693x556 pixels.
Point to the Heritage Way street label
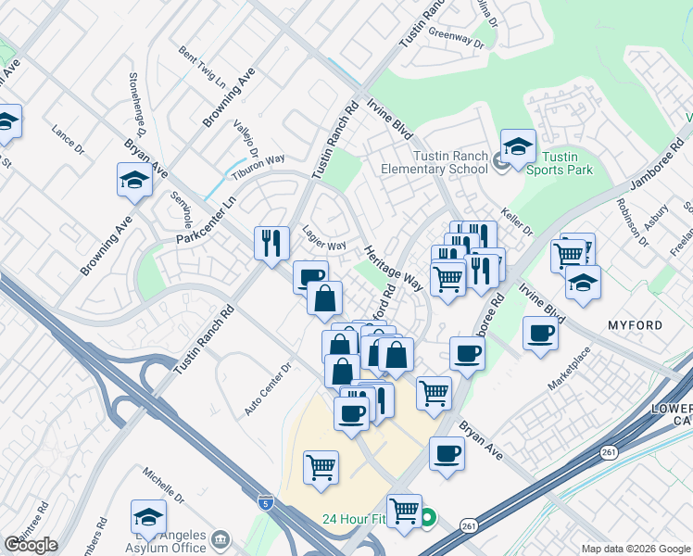393,269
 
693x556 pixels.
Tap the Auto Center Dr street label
268,388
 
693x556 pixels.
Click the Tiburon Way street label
258,161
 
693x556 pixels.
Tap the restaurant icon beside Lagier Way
271,243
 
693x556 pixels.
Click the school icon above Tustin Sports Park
519,146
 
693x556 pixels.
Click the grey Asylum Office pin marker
220,538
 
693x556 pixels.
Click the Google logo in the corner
31,545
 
